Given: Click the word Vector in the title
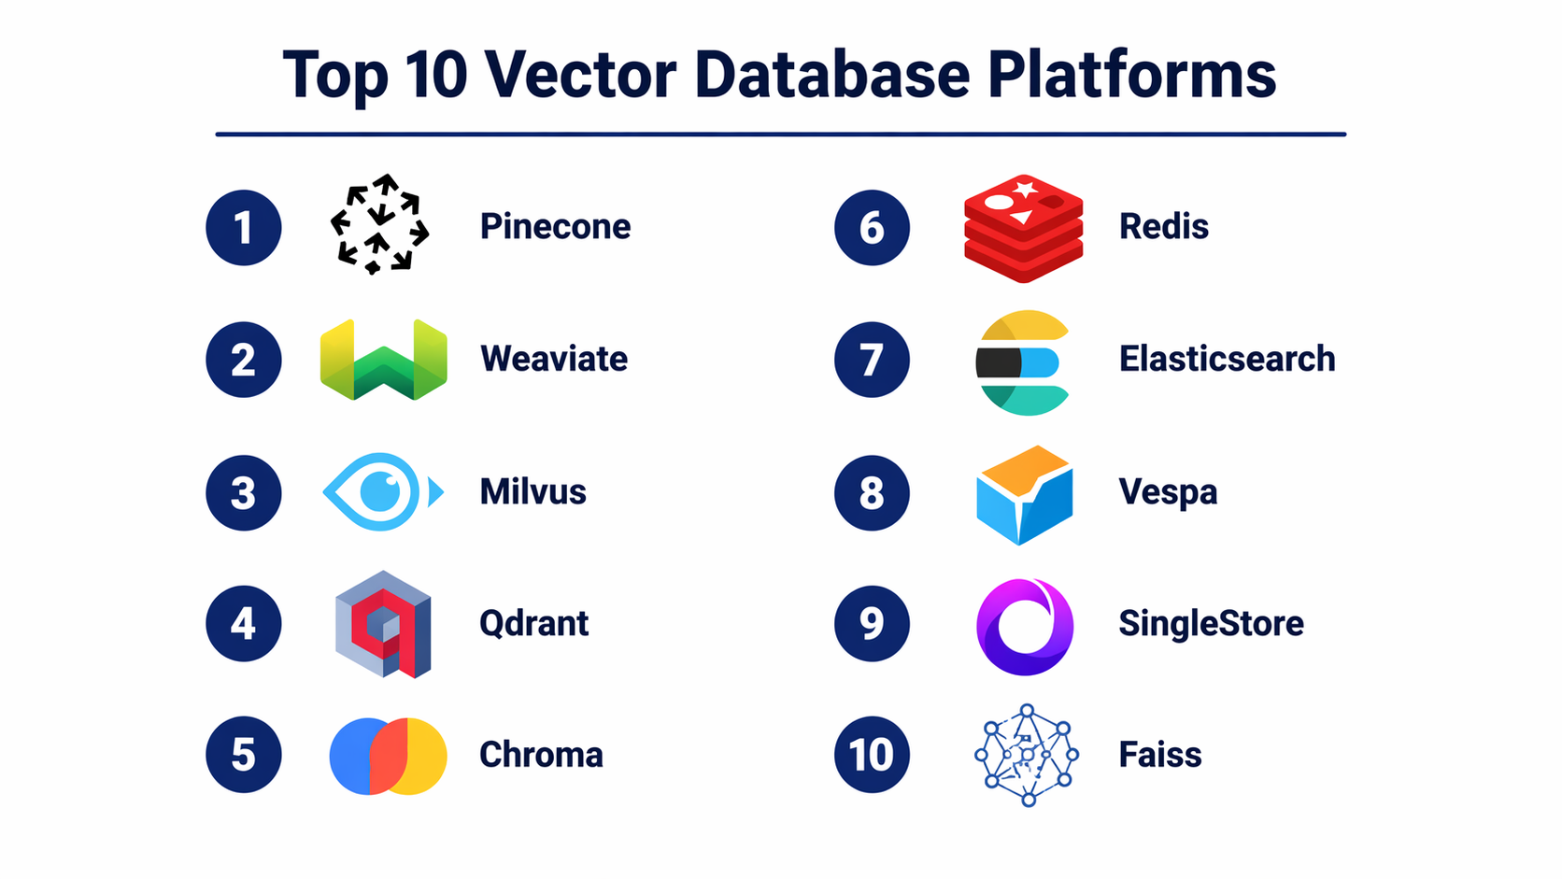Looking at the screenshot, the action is coord(580,74).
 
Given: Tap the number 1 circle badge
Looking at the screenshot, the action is coord(244,227).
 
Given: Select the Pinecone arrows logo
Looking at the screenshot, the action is coord(379,224).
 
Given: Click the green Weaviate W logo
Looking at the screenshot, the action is coord(384,360).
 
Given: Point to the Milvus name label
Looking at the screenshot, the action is coord(532,491).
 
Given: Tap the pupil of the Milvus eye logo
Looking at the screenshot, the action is coord(380,491).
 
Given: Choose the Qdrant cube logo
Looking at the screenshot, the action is coord(383,624).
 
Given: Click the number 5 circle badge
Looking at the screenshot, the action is coord(244,754).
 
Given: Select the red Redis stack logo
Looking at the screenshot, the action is coord(1024,228).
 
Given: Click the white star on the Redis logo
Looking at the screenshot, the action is coord(1025,188).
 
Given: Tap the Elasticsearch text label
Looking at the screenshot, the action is coord(1228,359).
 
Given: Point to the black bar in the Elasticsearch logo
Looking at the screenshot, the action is coord(999,362).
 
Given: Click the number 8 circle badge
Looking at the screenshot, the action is coord(872,493).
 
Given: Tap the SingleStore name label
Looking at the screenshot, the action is coord(1212,623).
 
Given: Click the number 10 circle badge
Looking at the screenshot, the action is coord(872,754).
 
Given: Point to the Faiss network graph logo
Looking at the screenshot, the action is coord(1027,755).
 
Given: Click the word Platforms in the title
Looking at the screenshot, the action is coord(1131,74).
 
